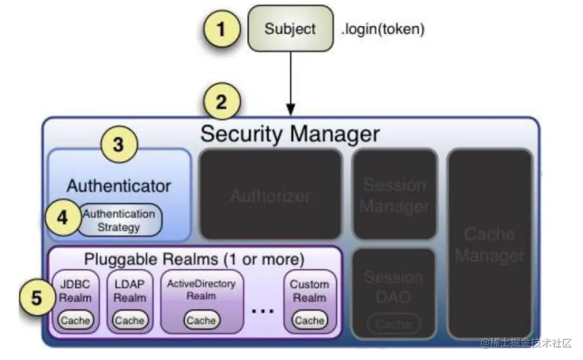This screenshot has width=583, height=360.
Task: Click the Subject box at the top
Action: point(290,29)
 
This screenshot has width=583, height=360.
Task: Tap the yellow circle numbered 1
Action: point(221,28)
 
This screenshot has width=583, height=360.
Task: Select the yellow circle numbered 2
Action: point(221,102)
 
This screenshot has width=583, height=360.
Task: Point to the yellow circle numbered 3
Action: point(118,145)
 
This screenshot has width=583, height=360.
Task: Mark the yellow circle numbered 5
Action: point(36,297)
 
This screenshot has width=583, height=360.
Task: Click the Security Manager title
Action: point(290,134)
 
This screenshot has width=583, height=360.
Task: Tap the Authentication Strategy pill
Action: point(119,220)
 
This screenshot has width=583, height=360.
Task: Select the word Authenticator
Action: point(119,185)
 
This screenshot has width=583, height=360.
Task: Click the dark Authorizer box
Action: point(271,195)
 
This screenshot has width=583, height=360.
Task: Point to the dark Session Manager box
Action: point(394,195)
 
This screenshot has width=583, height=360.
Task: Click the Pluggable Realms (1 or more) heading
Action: point(194,259)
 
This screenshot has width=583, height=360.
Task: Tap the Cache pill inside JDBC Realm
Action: point(76,320)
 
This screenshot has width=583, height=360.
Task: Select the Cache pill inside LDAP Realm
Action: point(129,320)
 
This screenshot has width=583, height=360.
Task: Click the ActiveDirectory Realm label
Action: point(201,289)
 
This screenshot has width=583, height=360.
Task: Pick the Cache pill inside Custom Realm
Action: point(310,320)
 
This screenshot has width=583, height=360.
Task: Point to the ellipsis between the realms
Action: point(263,311)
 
